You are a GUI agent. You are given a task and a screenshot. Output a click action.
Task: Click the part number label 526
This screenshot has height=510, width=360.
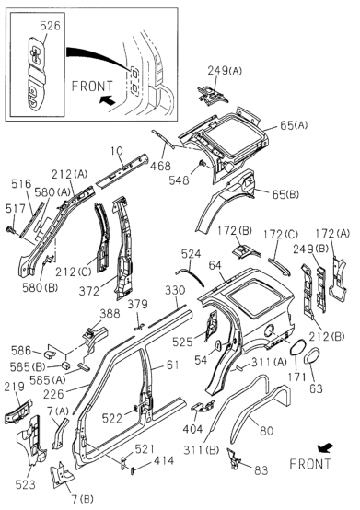[x=50, y=26]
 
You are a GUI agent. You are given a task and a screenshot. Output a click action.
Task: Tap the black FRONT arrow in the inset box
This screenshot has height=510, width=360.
[x=107, y=99]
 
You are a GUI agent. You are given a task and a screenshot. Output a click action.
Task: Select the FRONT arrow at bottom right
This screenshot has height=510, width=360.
[x=325, y=448]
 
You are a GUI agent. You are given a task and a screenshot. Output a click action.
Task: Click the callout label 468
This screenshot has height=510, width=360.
[x=160, y=166]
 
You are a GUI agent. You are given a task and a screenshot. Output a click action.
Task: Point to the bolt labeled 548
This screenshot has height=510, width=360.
[x=202, y=163]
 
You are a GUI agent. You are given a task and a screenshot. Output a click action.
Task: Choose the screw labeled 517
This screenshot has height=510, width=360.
[x=9, y=230]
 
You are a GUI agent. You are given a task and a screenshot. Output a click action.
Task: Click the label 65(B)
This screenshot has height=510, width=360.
[x=285, y=194]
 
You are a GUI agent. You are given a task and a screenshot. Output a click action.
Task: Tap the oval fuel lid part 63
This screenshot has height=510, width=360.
[x=311, y=355]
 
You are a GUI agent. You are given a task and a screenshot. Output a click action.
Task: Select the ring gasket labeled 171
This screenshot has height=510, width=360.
[x=297, y=348]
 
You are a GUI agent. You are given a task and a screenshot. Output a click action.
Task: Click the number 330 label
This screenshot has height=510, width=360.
[x=175, y=291]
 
